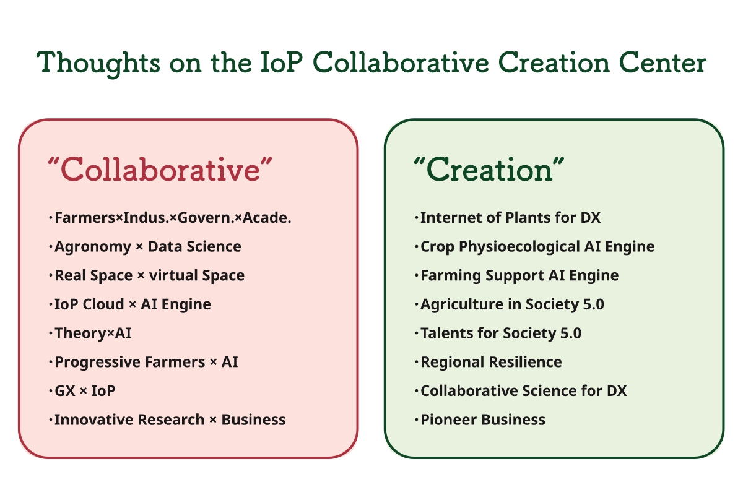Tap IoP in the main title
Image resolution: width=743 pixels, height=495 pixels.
click(x=281, y=62)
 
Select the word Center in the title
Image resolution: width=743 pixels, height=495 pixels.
click(x=663, y=62)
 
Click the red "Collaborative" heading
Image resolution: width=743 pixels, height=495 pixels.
click(x=160, y=170)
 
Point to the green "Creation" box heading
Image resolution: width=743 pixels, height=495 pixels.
click(x=489, y=170)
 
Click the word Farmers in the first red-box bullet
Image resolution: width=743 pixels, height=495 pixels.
click(x=85, y=218)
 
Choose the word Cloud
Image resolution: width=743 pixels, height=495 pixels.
click(x=103, y=304)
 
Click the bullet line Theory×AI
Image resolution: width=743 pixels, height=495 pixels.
click(x=93, y=334)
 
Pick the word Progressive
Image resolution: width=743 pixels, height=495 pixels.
click(x=97, y=363)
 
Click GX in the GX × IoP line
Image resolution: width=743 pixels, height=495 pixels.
click(x=65, y=391)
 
